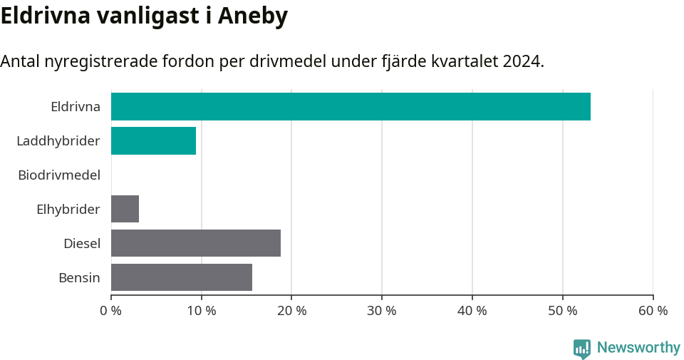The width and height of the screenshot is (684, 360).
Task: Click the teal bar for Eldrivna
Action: tap(351, 106)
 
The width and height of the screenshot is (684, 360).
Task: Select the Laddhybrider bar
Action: tap(153, 140)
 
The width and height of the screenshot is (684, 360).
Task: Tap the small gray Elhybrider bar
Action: tap(125, 209)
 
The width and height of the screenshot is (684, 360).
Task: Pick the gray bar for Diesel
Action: tap(196, 243)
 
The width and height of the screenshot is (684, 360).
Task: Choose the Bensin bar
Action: tap(182, 277)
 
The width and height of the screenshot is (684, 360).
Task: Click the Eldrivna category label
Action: tap(76, 107)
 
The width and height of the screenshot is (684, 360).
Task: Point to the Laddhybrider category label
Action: tap(58, 141)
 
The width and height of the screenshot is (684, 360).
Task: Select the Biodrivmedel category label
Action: tap(59, 175)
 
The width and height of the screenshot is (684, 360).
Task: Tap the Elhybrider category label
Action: tap(68, 210)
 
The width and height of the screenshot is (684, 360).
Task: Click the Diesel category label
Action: tap(82, 244)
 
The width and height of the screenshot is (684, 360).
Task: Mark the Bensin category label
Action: tap(79, 278)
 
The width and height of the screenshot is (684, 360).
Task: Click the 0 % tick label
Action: tap(111, 311)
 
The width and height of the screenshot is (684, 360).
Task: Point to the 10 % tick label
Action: tap(202, 311)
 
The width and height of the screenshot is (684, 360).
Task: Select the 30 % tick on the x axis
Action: tap(382, 311)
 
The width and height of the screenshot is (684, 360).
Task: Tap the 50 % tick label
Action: tap(563, 311)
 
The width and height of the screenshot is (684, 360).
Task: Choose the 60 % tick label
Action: tap(653, 311)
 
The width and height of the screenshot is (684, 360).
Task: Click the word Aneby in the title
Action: tap(250, 16)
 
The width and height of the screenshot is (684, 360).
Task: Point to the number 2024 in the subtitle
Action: tap(521, 61)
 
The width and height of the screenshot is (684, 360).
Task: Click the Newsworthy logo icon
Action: tap(582, 348)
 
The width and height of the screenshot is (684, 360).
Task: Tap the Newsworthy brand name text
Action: tap(638, 348)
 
